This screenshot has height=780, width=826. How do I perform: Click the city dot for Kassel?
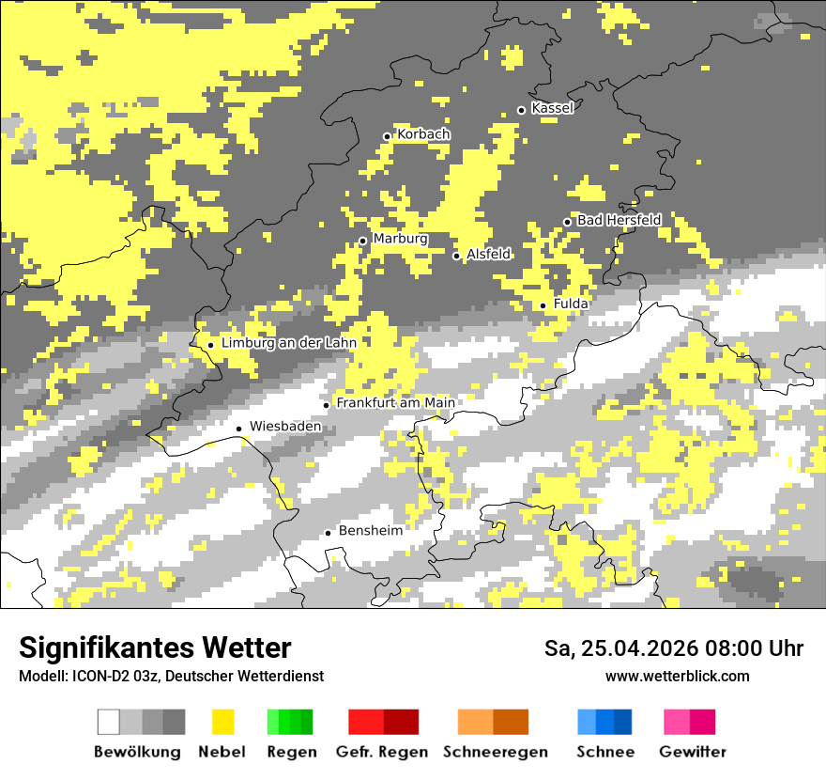tap(522, 110)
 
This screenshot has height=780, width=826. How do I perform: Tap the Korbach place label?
tap(423, 134)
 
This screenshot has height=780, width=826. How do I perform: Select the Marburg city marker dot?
tap(363, 241)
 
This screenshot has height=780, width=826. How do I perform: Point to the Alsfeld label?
tap(488, 254)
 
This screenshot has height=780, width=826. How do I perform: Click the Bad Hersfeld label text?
tap(619, 220)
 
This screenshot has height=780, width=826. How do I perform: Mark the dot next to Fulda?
tap(543, 305)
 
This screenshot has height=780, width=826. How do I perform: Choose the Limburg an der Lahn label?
tap(288, 343)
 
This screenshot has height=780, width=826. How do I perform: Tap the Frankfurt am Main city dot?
tap(327, 405)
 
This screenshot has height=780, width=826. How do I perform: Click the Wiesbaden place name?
tap(285, 426)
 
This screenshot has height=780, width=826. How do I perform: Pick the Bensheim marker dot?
tap(328, 533)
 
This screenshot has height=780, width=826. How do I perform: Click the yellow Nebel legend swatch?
tap(222, 722)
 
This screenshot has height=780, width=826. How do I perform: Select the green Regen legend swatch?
tap(290, 722)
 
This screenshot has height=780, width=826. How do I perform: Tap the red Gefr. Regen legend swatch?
tap(383, 722)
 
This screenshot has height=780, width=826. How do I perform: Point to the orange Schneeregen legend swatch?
tap(493, 722)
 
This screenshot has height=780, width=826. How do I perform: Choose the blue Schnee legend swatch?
tap(604, 722)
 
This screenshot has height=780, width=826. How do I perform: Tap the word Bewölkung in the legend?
tap(137, 752)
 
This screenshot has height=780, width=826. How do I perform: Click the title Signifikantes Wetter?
tap(155, 647)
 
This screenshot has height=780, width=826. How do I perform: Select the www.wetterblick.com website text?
tap(677, 676)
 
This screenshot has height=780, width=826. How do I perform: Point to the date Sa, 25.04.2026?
tap(620, 648)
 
